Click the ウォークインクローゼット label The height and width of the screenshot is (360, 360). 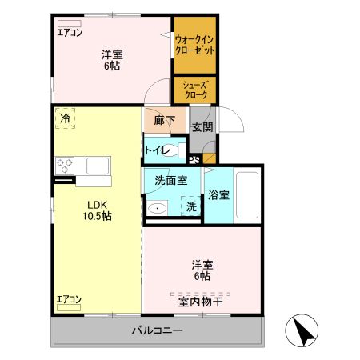coord(194,44)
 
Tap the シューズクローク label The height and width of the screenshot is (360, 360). coord(194,89)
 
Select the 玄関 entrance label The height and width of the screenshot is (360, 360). coord(202,126)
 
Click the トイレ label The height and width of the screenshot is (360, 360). coord(156,150)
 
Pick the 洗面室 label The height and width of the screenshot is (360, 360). coord(170,182)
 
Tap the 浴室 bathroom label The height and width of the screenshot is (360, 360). coord(218,195)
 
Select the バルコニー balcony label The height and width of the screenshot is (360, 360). coord(157,330)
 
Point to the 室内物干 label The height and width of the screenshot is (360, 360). coord(200,301)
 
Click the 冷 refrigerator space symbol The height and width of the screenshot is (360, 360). coord(63,118)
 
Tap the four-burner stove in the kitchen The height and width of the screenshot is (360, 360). coord(65,166)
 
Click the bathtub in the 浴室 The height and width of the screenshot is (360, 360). coord(247,194)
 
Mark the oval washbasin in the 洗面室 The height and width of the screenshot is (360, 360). coord(158,210)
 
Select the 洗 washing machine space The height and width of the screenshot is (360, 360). coord(191,206)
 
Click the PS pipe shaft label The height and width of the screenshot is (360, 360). coord(194,158)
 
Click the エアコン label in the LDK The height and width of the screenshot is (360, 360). coord(70,300)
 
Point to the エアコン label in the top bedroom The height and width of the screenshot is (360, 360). coord(70,33)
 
